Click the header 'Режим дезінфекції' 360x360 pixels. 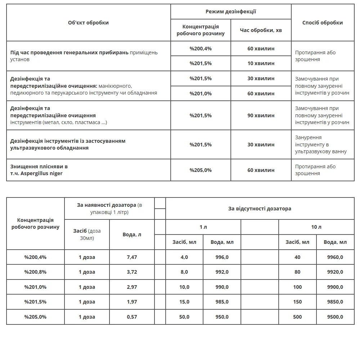(231, 12)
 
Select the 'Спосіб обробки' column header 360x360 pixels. (323, 23)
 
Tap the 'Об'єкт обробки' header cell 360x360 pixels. (88, 23)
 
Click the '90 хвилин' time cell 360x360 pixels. (261, 115)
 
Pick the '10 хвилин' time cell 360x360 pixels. (261, 63)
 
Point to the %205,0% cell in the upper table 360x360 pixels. (201, 170)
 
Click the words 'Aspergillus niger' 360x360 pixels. (41, 173)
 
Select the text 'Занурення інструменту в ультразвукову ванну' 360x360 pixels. (321, 145)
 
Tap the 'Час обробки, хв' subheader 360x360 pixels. (261, 30)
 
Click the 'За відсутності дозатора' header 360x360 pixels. (260, 209)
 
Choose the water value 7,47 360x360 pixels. (132, 257)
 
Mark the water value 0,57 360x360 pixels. (132, 317)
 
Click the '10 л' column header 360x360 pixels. (316, 227)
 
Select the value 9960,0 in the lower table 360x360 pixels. (335, 257)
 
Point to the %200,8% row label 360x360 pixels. (35, 272)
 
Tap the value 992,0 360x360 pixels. (222, 272)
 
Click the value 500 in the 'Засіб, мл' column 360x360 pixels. (297, 317)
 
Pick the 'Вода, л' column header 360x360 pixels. (132, 234)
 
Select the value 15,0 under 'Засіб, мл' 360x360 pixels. (184, 302)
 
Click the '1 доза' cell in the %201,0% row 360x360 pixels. (87, 287)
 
